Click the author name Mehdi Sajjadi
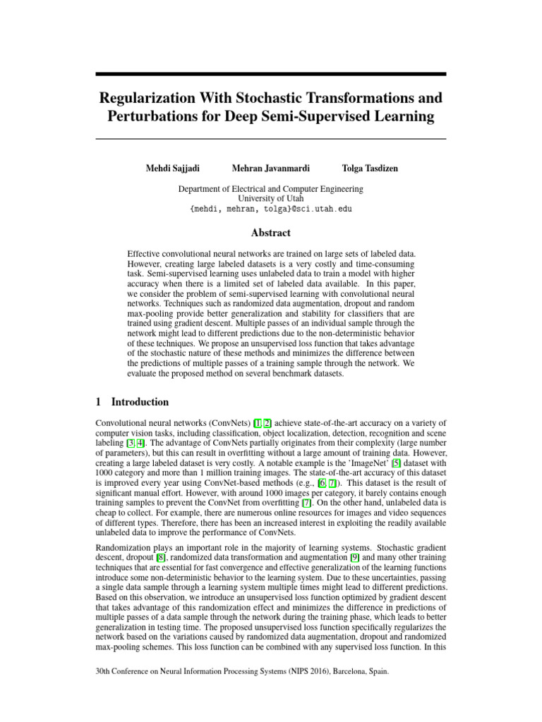[x=172, y=168]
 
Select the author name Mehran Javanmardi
[x=270, y=168]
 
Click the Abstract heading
[x=270, y=233]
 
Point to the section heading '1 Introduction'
[x=132, y=402]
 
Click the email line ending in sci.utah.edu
[x=271, y=209]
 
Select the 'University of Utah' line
[x=271, y=199]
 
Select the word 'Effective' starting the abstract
[x=145, y=253]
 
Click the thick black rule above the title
[x=270, y=73]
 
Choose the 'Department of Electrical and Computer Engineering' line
[x=271, y=189]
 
